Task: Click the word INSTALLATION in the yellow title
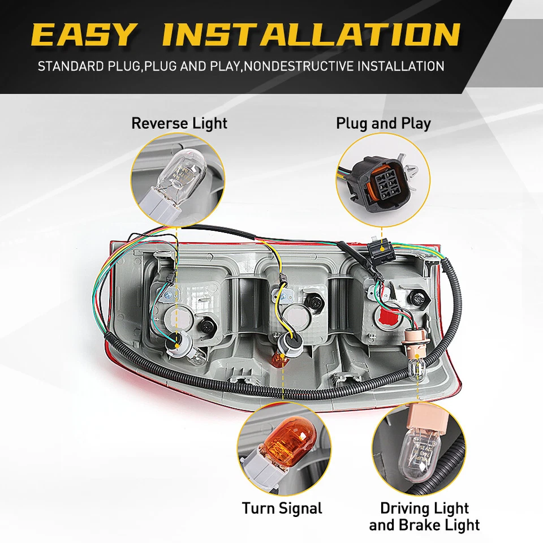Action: pos(311,35)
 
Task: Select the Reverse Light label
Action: pos(179,123)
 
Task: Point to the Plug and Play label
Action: pos(383,123)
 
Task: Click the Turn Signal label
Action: pos(282,508)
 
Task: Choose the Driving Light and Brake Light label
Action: pos(424,516)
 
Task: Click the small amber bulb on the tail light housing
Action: pos(279,360)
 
